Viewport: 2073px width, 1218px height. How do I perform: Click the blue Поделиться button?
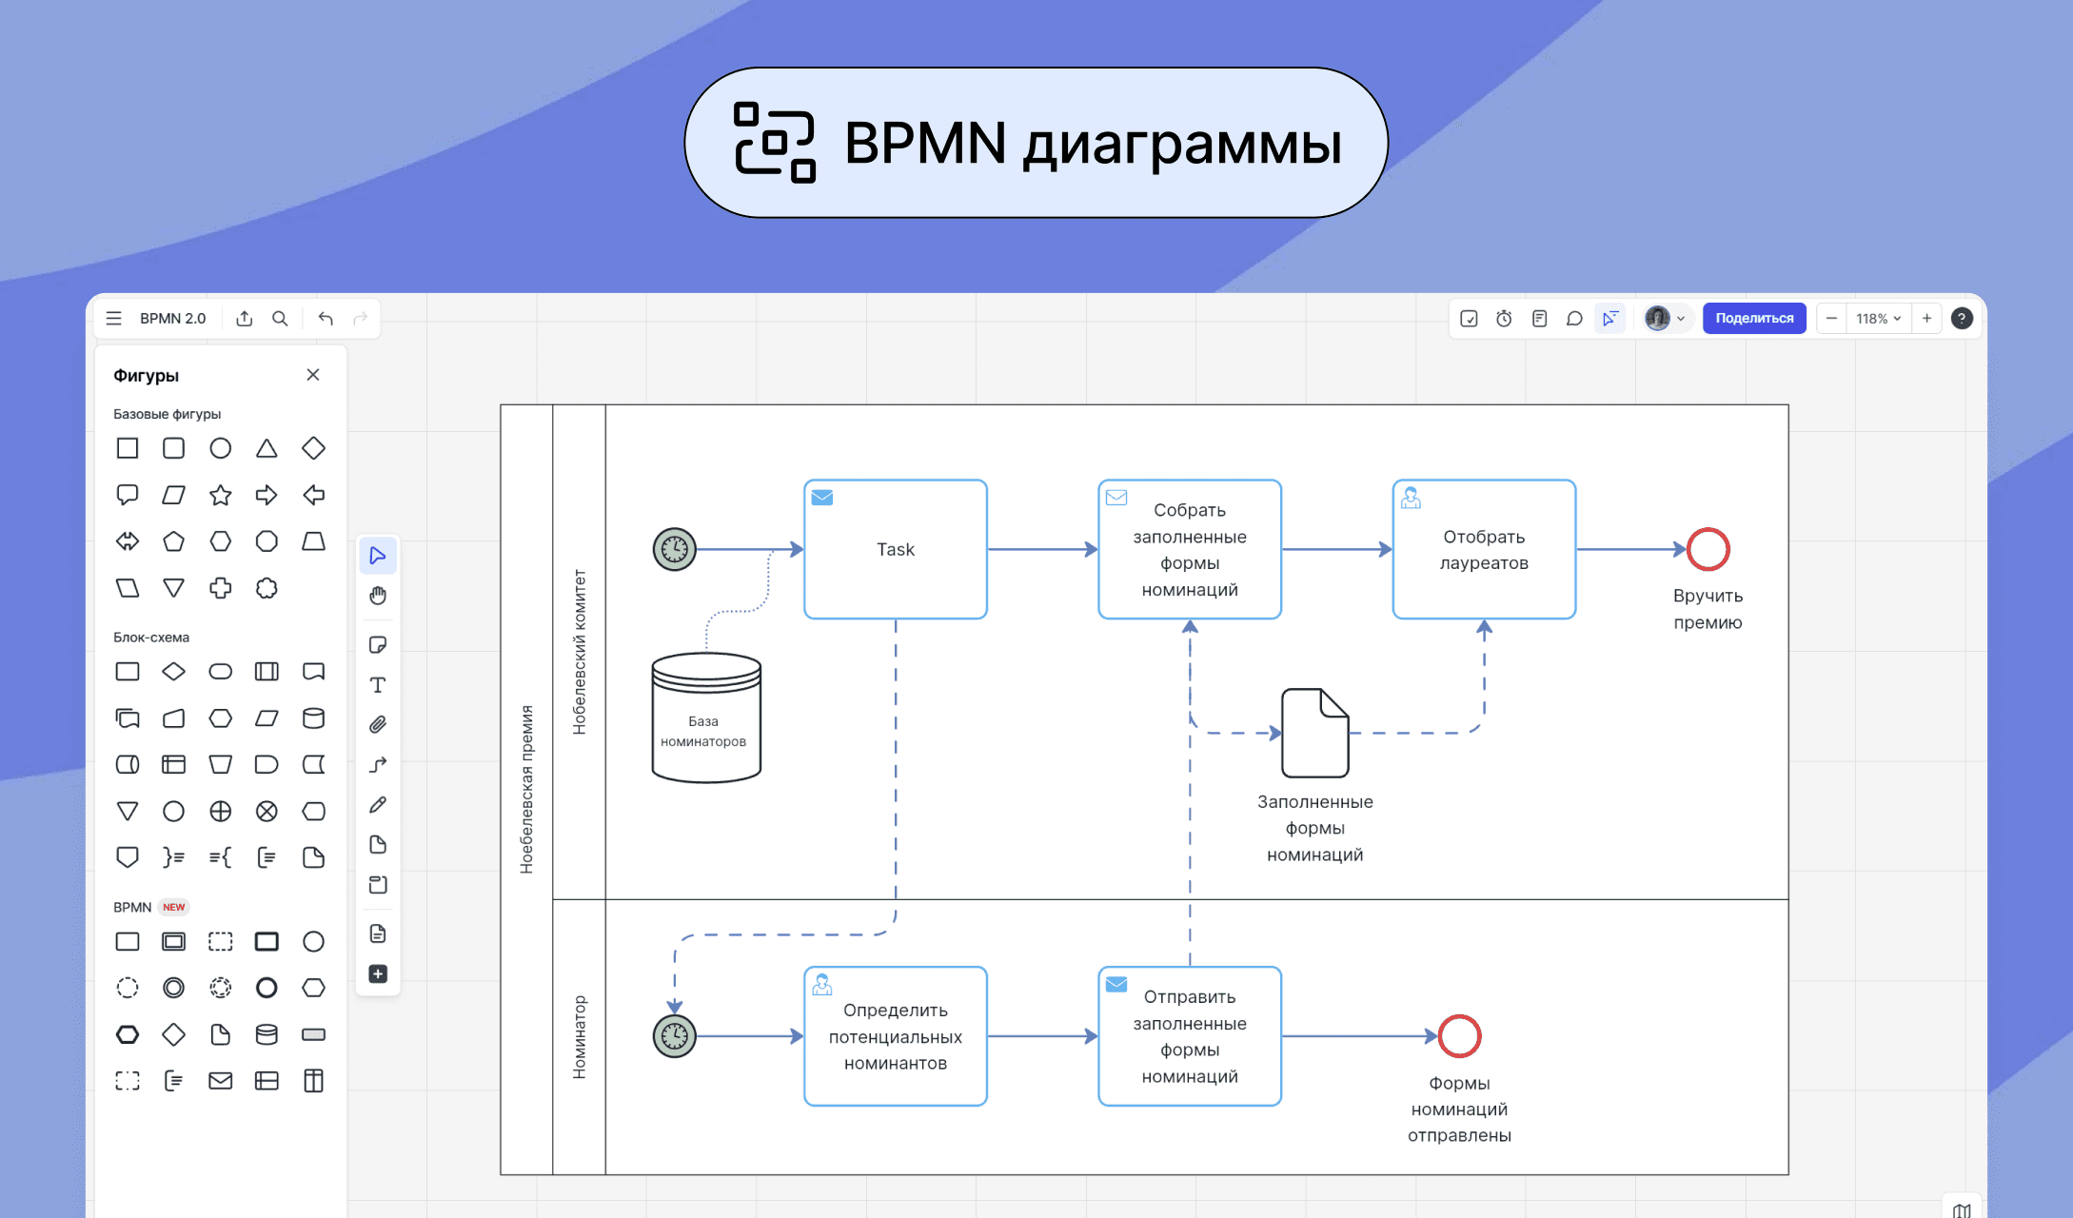pos(1753,319)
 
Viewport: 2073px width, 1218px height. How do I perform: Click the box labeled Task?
pos(895,549)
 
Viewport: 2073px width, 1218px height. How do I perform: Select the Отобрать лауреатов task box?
pos(1483,549)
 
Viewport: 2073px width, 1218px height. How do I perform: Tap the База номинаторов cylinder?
pos(705,719)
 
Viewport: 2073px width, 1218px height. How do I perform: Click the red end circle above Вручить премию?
pos(1708,549)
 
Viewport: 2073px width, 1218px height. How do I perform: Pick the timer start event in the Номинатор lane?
pos(674,1035)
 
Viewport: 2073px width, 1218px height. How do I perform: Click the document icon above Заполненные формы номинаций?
pos(1314,733)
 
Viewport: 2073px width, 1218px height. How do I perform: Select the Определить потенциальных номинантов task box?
pos(895,1036)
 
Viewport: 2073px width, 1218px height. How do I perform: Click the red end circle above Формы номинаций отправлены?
pos(1458,1036)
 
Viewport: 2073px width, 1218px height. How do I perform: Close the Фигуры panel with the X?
pos(313,375)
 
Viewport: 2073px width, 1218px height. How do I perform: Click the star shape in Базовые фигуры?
pos(220,495)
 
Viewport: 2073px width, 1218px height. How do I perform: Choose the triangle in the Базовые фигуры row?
pos(267,448)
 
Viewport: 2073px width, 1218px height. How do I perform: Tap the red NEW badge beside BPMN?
pos(173,907)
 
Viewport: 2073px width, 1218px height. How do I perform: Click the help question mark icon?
pos(1961,319)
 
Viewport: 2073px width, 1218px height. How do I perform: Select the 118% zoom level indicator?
pos(1877,319)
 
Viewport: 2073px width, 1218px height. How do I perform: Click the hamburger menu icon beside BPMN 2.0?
pos(114,319)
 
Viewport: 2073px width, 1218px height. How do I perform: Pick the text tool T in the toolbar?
pos(378,685)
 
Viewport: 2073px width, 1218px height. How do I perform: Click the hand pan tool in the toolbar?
pos(378,596)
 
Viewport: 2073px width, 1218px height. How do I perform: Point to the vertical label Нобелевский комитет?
pos(579,652)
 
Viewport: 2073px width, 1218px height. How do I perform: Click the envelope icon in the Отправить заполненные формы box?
pos(1116,984)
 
